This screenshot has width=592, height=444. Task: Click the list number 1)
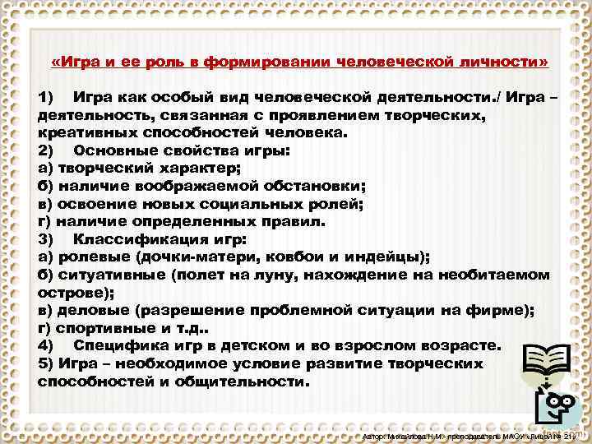click(x=46, y=99)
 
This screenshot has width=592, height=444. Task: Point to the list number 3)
click(x=46, y=239)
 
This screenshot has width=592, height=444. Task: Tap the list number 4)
click(x=46, y=345)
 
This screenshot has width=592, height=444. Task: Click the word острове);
click(x=68, y=292)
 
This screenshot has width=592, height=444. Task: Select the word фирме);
click(x=502, y=310)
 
